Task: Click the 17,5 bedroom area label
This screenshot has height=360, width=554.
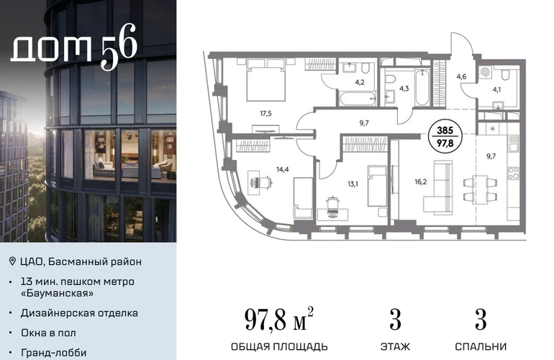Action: point(265,114)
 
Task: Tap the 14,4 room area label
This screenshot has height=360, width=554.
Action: point(283,169)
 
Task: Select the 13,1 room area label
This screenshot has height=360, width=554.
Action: point(353,184)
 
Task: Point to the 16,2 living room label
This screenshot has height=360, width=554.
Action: point(420,182)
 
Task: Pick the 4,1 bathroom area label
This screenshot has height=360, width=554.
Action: point(496,89)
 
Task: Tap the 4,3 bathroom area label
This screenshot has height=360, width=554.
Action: point(404,89)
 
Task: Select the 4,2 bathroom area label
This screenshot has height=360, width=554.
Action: point(360,82)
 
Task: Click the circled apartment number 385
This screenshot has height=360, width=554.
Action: point(445,130)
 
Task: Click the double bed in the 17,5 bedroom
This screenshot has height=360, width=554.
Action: point(265,80)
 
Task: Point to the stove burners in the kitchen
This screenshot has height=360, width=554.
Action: point(513,173)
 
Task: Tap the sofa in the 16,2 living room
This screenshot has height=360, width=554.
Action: point(438,187)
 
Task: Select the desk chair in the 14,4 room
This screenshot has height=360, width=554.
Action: point(263,182)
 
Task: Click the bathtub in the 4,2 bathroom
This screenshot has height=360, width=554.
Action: point(358,99)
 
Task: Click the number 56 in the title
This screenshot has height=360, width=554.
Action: point(119,46)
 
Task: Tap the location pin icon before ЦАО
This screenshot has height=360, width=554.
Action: point(12,261)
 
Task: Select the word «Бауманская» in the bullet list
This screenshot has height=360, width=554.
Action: point(58,293)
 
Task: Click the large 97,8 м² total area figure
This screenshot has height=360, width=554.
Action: point(278,320)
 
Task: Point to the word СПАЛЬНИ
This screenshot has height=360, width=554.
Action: point(481,346)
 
